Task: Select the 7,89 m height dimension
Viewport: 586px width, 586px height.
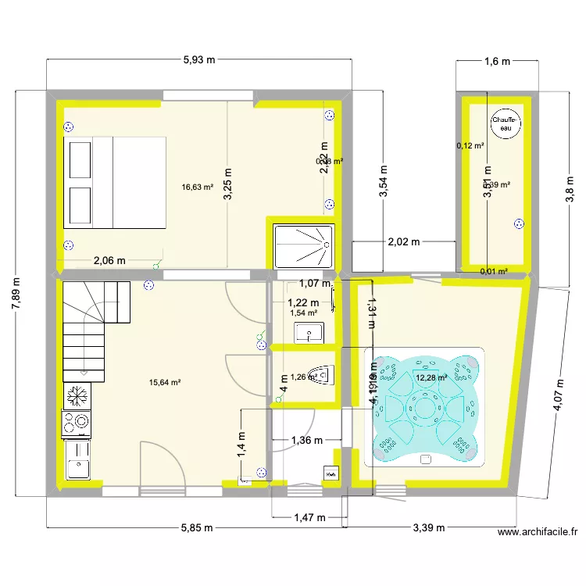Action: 16,292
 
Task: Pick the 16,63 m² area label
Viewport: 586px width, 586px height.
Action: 198,187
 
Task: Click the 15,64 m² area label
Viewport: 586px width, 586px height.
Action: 165,382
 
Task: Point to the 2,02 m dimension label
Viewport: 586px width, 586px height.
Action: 404,242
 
